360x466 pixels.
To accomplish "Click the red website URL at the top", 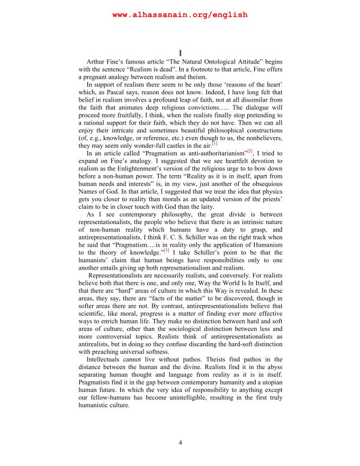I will [x=180, y=15].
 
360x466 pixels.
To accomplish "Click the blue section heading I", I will [x=180, y=53].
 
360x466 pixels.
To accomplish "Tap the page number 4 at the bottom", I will [x=180, y=443].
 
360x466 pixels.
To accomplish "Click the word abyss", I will [x=272, y=368].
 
